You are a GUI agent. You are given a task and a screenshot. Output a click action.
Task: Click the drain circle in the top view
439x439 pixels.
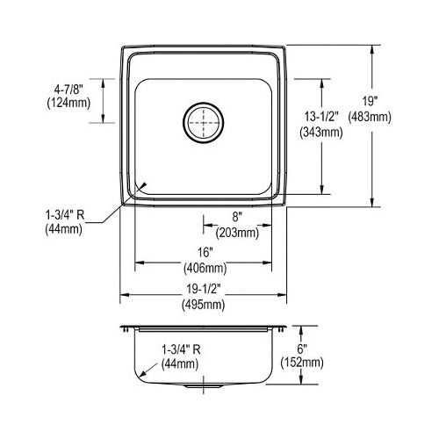coord(204,102)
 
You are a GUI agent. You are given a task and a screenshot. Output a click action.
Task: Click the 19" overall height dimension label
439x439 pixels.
coord(371,102)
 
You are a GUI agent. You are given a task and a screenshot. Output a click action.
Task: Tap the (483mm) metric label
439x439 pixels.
coord(370,118)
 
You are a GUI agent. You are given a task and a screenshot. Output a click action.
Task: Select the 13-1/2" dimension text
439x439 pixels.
coord(321,117)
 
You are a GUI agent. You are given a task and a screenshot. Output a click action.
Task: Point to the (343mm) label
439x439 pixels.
coord(321,133)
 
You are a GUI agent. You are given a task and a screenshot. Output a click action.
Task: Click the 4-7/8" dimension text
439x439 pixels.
coord(68,89)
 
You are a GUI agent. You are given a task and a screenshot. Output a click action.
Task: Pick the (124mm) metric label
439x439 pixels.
coord(68,103)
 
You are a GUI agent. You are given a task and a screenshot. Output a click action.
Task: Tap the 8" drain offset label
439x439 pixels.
coord(237,217)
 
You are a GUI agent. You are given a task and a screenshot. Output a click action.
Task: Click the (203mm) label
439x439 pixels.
coord(237,234)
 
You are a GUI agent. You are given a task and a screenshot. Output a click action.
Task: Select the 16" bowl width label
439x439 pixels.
coord(205,252)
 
